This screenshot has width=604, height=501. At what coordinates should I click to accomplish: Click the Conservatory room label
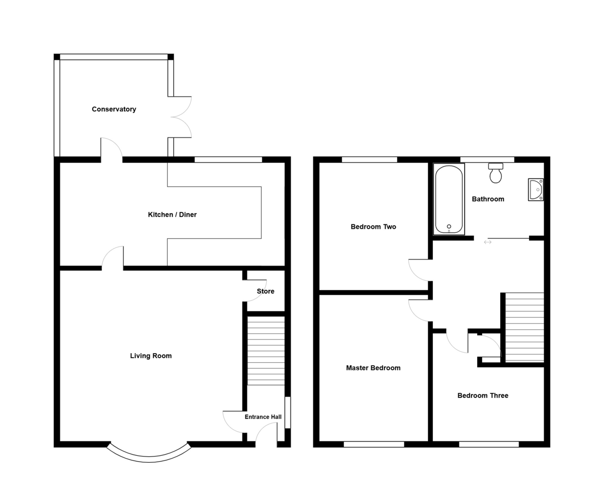pyautogui.click(x=114, y=109)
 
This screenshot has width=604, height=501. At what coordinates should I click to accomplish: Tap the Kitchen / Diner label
pyautogui.click(x=172, y=215)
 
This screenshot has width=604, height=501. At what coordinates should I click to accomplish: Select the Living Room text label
pyautogui.click(x=151, y=356)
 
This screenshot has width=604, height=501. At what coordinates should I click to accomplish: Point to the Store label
pyautogui.click(x=266, y=291)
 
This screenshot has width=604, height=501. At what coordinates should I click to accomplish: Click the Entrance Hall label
pyautogui.click(x=263, y=417)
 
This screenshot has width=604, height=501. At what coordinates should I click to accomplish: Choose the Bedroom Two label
pyautogui.click(x=373, y=227)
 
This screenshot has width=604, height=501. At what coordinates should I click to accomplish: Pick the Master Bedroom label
pyautogui.click(x=373, y=368)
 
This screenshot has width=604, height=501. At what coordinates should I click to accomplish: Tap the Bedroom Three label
pyautogui.click(x=483, y=396)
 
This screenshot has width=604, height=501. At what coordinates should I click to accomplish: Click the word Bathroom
pyautogui.click(x=488, y=199)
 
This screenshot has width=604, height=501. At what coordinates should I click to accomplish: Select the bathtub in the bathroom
pyautogui.click(x=448, y=199)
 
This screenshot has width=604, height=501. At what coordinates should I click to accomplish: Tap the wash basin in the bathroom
pyautogui.click(x=536, y=190)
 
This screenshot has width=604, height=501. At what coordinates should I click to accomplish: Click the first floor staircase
pyautogui.click(x=524, y=327)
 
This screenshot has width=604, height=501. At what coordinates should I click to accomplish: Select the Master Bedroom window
pyautogui.click(x=374, y=444)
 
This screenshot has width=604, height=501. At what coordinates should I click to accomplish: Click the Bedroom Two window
pyautogui.click(x=369, y=160)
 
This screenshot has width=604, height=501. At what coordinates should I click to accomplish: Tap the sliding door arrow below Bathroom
pyautogui.click(x=487, y=242)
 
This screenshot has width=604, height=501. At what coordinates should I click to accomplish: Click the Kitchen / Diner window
pyautogui.click(x=228, y=160)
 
